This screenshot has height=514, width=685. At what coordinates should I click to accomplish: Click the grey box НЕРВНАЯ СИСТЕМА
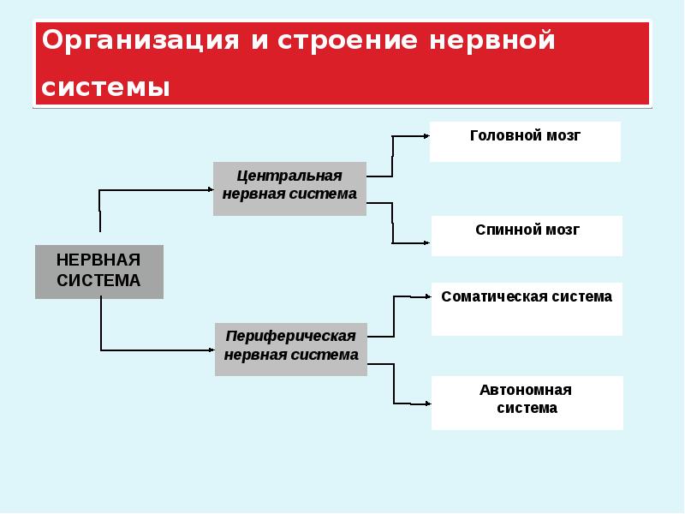98,272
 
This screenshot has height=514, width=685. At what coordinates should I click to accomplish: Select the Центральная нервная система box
289,188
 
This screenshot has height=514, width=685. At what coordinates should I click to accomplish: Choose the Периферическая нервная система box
291,349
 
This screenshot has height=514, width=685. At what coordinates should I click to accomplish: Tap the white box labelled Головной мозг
525,141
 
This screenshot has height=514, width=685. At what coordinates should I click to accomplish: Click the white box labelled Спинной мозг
527,236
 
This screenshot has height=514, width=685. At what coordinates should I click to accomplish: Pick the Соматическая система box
527,309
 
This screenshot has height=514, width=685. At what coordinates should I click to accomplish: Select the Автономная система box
527,403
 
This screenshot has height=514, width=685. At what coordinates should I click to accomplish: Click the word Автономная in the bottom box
526,391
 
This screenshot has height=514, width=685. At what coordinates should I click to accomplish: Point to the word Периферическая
291,337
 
